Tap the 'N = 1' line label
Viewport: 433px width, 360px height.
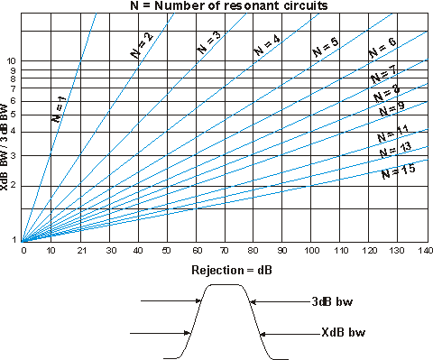[58, 107]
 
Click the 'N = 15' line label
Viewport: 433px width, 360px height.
[398, 167]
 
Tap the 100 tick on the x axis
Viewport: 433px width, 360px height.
[310, 249]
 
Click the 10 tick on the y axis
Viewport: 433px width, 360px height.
[13, 60]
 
